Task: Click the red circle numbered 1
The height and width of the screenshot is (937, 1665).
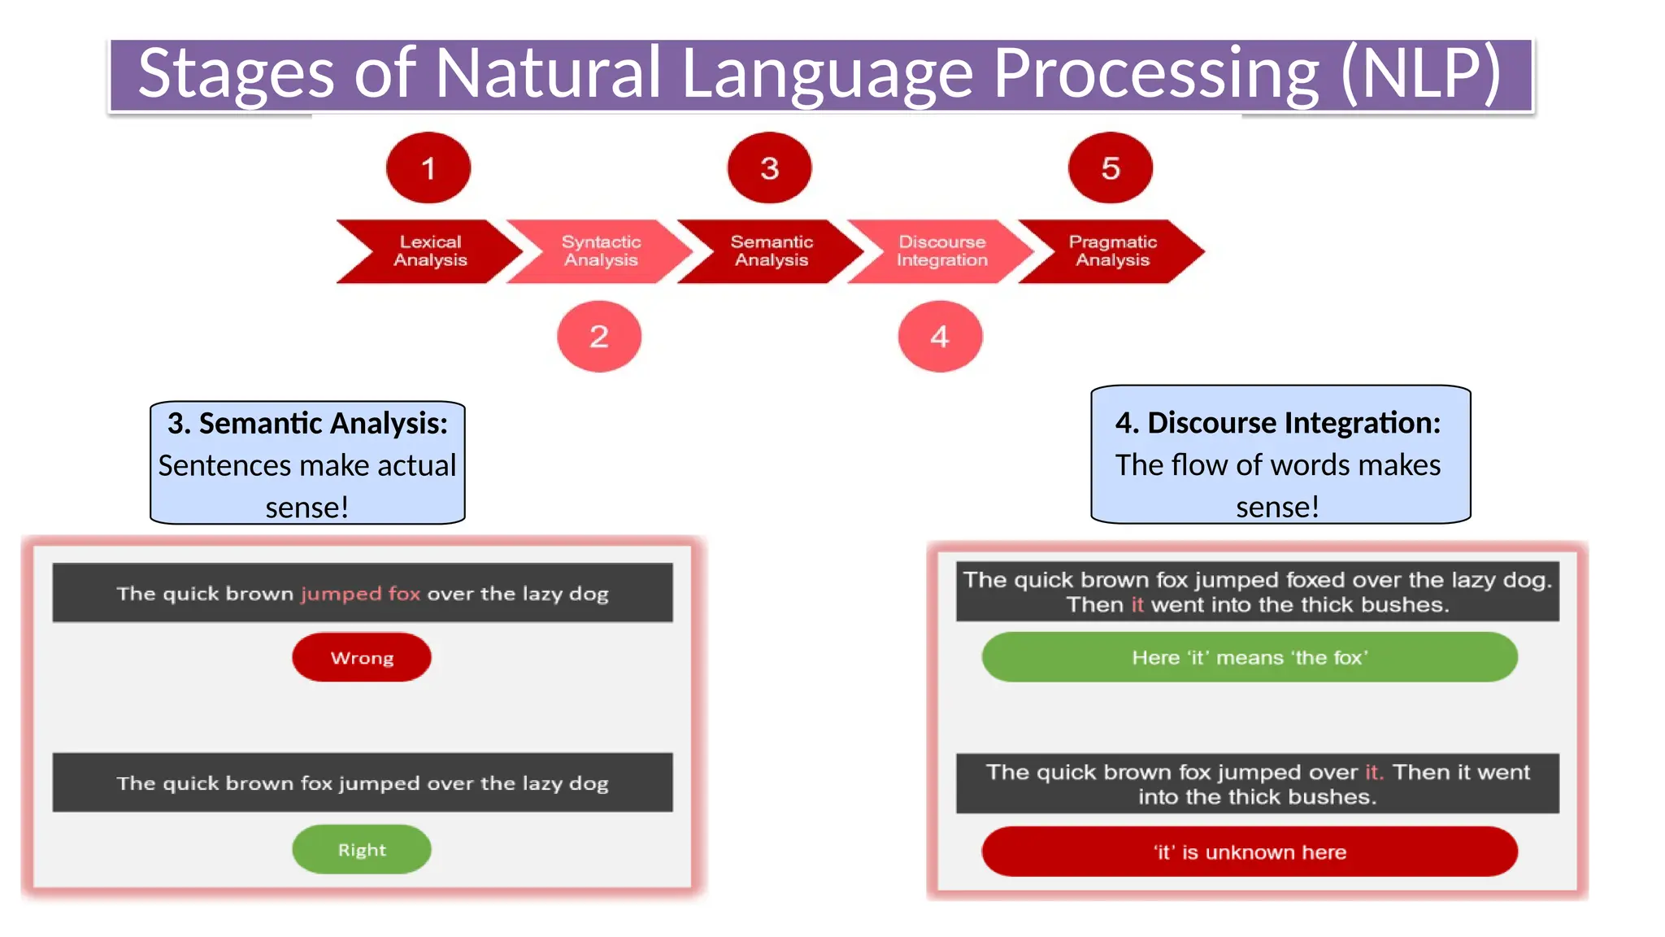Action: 428,168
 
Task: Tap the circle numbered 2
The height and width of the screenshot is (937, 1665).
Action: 599,337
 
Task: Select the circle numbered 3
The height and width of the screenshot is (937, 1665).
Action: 769,168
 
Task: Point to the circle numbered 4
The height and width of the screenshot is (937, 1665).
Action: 940,337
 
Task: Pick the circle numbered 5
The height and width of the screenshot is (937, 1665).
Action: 1111,168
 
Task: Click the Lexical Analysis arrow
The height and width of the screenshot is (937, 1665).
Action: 430,251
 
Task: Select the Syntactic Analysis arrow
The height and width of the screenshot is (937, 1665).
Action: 601,251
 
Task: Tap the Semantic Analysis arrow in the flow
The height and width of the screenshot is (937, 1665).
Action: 772,251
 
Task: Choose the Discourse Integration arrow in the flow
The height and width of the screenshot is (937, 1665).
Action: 941,251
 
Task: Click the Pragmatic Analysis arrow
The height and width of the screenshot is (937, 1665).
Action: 1112,251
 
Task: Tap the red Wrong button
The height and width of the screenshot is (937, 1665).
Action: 362,657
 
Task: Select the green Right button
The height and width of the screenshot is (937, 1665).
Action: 362,850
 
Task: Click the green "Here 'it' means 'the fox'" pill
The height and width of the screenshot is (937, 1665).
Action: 1250,657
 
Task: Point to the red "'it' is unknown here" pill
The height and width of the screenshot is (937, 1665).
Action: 1250,852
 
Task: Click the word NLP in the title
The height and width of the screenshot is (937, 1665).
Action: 1421,73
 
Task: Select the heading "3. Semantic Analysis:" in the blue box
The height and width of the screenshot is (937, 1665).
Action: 307,424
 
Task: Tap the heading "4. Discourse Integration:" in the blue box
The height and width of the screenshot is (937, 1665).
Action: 1278,423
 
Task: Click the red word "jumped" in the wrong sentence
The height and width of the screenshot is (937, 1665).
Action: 341,594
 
